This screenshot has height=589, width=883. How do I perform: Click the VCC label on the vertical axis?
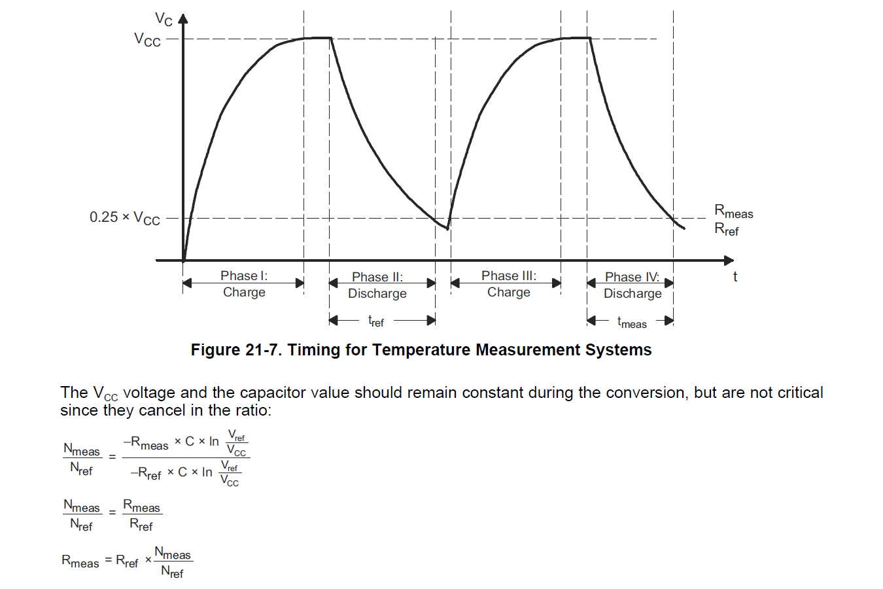click(x=147, y=39)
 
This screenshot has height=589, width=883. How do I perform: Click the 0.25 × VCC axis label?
click(x=124, y=218)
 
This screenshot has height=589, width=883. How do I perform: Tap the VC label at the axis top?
click(x=164, y=19)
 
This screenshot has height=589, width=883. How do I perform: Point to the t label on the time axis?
click(x=735, y=277)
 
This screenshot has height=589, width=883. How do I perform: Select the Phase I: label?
click(x=244, y=276)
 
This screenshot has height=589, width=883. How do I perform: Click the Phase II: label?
click(x=377, y=277)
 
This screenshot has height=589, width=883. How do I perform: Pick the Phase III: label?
click(x=509, y=276)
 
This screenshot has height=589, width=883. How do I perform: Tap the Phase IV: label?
click(x=632, y=277)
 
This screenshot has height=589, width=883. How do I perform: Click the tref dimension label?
click(x=376, y=321)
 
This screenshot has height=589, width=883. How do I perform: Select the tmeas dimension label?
click(x=632, y=322)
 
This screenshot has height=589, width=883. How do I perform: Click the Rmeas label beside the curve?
click(x=733, y=211)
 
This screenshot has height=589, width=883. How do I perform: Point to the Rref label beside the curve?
click(x=726, y=229)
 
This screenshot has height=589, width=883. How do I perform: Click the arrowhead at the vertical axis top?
click(x=183, y=18)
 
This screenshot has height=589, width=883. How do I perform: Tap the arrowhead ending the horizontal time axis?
click(x=729, y=260)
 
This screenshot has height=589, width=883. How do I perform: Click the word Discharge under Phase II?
click(x=377, y=293)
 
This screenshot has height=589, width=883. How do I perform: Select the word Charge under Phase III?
click(x=509, y=292)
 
